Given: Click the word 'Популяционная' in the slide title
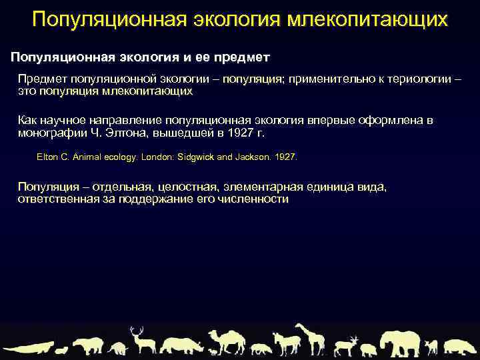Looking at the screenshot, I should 98,19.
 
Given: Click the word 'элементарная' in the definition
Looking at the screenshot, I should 259,187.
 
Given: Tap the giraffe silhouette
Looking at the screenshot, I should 311,339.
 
